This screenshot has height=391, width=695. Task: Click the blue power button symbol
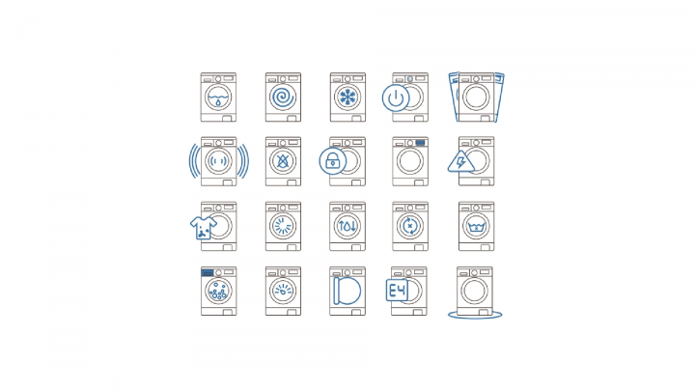click(396, 98)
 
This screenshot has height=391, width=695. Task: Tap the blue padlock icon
click(332, 161)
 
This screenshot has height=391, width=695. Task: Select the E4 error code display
click(397, 291)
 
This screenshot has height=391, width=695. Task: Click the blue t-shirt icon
click(204, 228)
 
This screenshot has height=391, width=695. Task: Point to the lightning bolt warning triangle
click(461, 161)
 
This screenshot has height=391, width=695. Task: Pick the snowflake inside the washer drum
click(347, 98)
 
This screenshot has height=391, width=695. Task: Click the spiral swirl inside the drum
click(283, 98)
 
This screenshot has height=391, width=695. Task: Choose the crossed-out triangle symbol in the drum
click(283, 161)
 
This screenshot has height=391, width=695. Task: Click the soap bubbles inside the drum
click(218, 291)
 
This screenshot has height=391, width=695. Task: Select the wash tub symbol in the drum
click(476, 227)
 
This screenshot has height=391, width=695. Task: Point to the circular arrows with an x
click(410, 226)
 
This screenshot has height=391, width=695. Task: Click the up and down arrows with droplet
click(347, 226)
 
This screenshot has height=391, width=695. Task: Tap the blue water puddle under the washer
click(475, 315)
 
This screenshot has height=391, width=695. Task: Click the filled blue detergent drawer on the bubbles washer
click(207, 272)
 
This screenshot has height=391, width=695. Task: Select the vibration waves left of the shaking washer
click(194, 161)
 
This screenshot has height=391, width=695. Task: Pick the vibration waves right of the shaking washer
click(243, 161)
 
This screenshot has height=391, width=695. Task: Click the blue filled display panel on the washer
click(420, 143)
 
